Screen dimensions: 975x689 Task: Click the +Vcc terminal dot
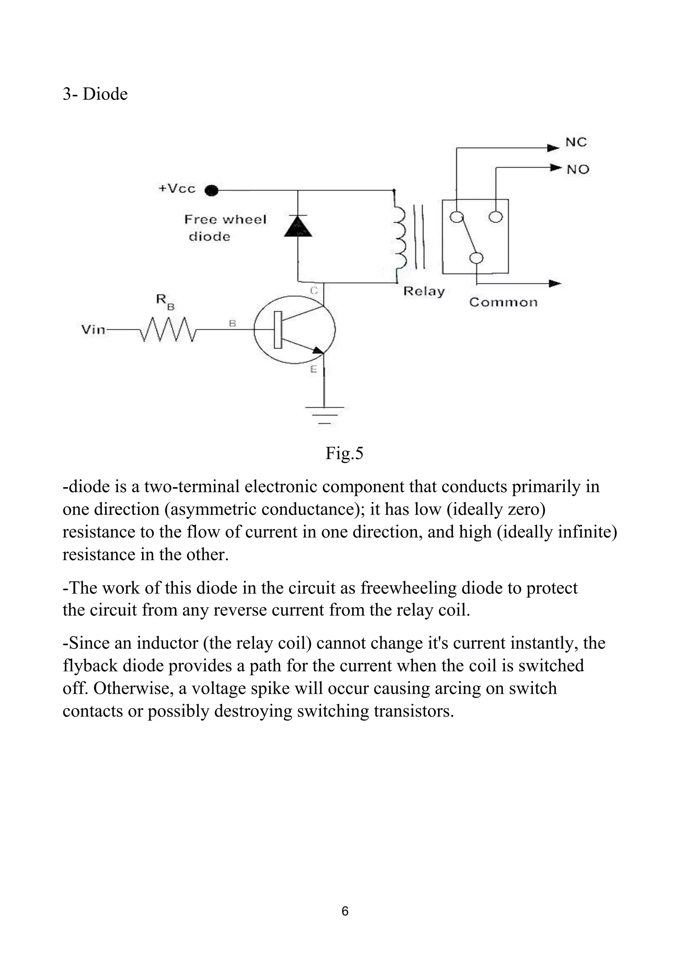pos(211,191)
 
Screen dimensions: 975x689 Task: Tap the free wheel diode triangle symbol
pos(298,226)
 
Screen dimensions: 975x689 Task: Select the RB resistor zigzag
pos(168,329)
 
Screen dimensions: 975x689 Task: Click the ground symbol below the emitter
pos(324,414)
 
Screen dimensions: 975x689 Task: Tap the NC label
pos(576,142)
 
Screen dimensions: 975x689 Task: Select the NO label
pos(578,170)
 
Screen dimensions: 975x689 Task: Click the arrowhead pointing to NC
pos(553,148)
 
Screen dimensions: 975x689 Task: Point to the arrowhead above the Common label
pos(554,283)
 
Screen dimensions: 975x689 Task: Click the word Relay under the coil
pos(424,291)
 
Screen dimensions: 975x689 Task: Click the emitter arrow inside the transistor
pos(317,350)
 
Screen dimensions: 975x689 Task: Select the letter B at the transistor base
pos(232,323)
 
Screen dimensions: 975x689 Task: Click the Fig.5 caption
pos(344,454)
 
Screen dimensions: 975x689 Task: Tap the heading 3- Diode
pos(95,94)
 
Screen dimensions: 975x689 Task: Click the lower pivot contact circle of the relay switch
pos(476,258)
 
